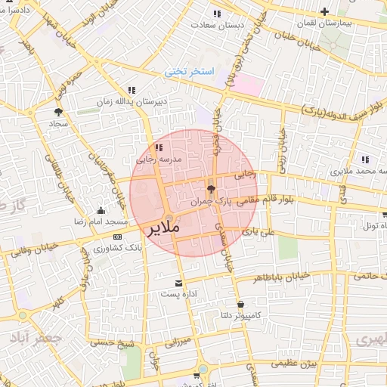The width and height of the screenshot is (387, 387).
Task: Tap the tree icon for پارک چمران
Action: [210, 189]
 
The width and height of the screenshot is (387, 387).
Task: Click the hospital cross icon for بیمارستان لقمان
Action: [324, 11]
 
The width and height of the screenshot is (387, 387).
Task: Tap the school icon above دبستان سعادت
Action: [217, 14]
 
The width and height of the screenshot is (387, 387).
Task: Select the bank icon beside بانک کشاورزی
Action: [116, 237]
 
